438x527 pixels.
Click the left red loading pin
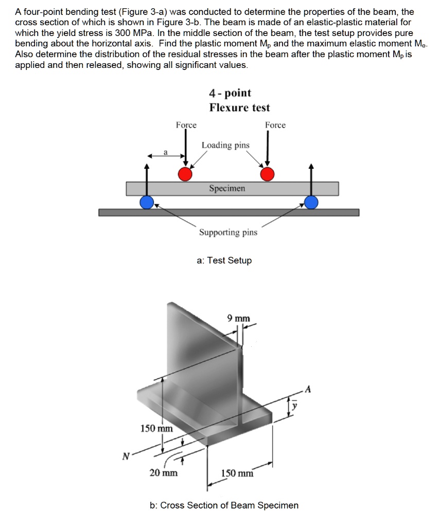tap(185, 174)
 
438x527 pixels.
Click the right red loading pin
tap(267, 174)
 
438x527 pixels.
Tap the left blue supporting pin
tap(147, 202)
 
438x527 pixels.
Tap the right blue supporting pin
tap(311, 202)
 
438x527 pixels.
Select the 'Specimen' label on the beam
tap(227, 188)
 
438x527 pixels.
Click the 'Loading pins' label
tap(225, 145)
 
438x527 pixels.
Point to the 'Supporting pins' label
tap(229, 233)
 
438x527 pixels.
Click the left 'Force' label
tap(186, 125)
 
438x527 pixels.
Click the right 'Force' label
tap(275, 125)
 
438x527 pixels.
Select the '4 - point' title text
tap(230, 93)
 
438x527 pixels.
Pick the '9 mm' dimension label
tap(238, 319)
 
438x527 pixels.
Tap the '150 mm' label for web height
tap(157, 428)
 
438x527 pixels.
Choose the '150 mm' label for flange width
tap(237, 473)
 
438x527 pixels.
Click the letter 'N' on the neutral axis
tap(125, 455)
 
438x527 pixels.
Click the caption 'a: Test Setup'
tap(224, 260)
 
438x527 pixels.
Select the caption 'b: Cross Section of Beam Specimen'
tap(224, 505)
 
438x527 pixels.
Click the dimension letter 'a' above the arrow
tap(165, 151)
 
